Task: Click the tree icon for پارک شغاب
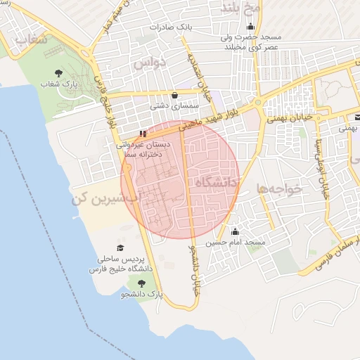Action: [58, 72]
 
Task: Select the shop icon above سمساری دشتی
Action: [174, 95]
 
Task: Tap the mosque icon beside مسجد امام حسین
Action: [235, 231]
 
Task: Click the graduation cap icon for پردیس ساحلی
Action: [120, 248]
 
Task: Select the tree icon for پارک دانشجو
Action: [141, 283]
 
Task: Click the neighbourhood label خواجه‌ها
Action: [278, 188]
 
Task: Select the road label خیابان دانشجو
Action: [193, 271]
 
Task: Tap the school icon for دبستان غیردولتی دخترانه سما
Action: [143, 133]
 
